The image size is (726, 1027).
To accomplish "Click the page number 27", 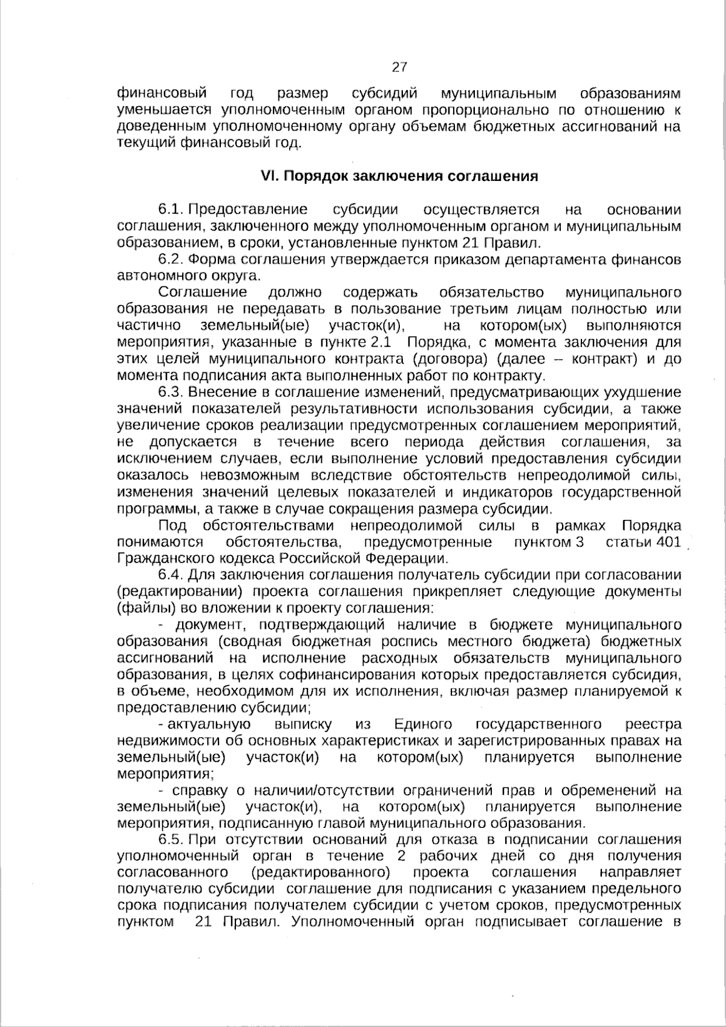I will click(x=400, y=67).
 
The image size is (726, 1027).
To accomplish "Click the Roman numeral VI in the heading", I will click(x=268, y=176).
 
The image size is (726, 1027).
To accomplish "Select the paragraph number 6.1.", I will click(x=171, y=210).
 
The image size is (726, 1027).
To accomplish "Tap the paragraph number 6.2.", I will click(x=171, y=260).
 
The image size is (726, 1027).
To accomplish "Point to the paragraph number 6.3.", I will click(x=171, y=392).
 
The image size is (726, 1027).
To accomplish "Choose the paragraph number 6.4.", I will click(x=171, y=574).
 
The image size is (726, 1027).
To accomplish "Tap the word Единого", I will click(x=422, y=724).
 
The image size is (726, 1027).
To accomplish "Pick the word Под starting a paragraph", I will click(x=172, y=525).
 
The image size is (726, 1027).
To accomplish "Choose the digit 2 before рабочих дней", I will click(x=401, y=856).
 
